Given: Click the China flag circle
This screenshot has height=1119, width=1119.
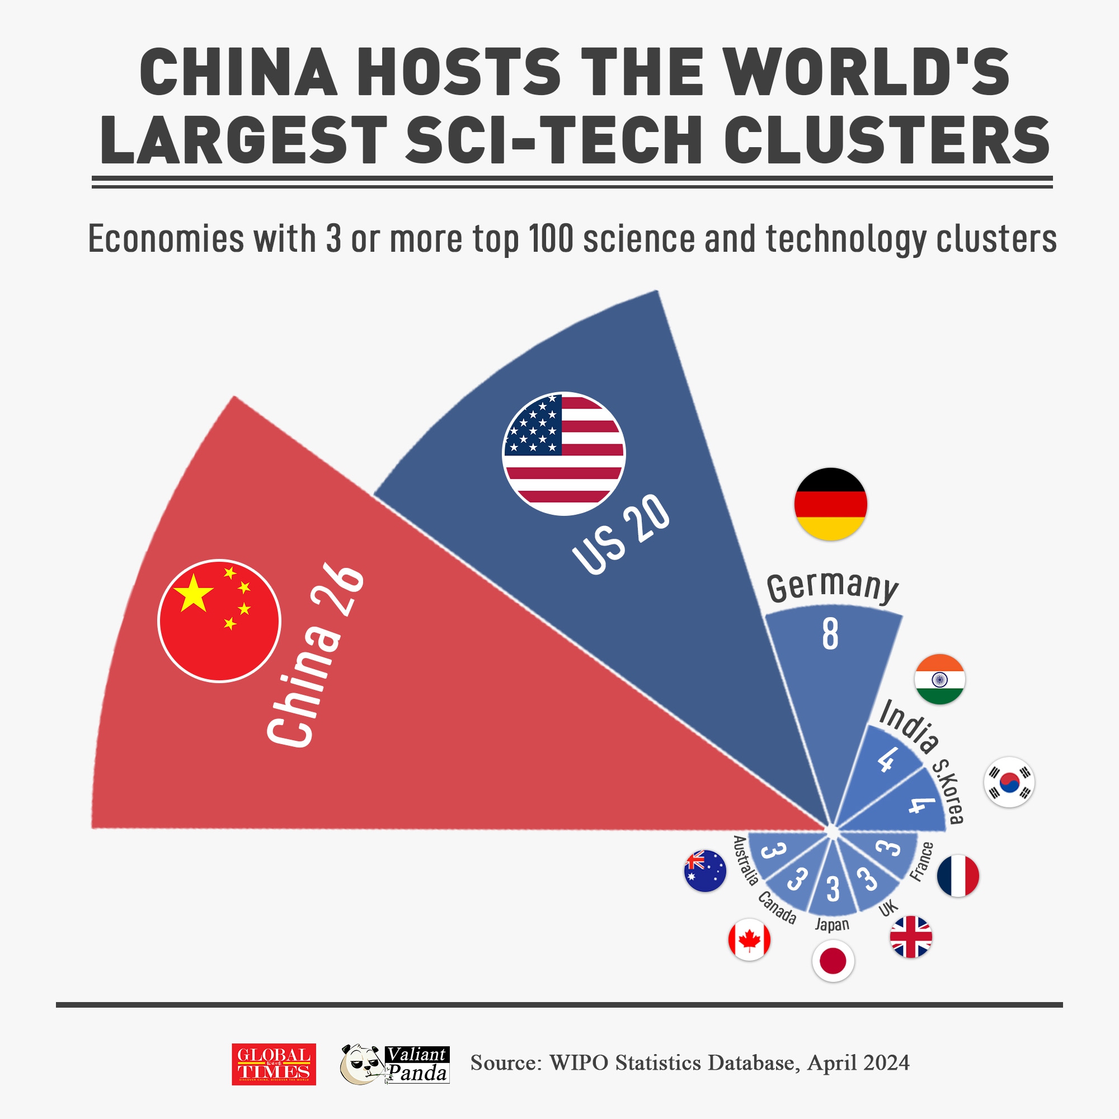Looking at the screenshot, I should point(219,620).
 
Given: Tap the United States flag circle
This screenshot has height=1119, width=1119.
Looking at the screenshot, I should point(563,454).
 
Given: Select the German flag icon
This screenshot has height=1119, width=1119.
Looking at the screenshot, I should point(830,504).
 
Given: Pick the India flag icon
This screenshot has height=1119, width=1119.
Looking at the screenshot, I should point(939,679).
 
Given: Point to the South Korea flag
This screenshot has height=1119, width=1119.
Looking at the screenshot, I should point(1009,782).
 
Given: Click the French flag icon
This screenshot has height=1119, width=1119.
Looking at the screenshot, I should point(958,876).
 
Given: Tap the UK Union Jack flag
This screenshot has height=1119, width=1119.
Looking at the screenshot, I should point(910,937).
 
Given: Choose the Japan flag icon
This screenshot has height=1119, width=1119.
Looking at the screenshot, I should point(833,961).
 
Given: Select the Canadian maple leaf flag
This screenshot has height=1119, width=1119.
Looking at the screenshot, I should point(749,939).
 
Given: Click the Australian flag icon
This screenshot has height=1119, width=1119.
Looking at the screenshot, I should point(705,871).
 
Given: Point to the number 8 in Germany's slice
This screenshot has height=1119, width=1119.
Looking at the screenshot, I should point(830,634).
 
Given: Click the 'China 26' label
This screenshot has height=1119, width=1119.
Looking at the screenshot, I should point(316,657).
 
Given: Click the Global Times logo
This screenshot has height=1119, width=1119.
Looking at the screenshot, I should point(274,1064).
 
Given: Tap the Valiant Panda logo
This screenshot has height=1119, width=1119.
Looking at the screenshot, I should point(395,1064).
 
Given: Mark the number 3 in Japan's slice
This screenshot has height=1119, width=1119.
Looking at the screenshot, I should point(833,889).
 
